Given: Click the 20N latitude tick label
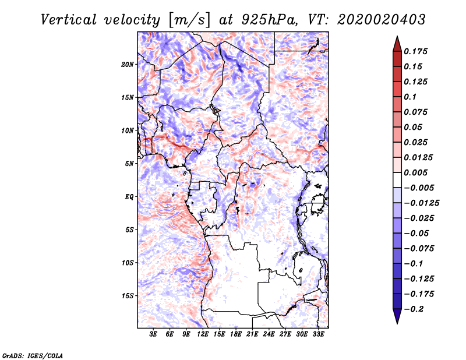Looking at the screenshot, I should click(128, 64).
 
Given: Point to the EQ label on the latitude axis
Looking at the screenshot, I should click(129, 197).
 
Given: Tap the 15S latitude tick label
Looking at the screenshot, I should click(128, 296).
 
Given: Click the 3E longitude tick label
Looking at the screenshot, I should click(154, 335).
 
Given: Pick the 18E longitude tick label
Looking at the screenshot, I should click(236, 335).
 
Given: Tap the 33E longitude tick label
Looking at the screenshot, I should click(318, 335).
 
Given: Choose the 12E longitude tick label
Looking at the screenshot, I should click(203, 335).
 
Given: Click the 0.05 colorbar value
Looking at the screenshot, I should click(414, 127).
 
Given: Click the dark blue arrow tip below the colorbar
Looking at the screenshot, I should click(396, 320).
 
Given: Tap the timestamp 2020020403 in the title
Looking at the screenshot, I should click(373, 19).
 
